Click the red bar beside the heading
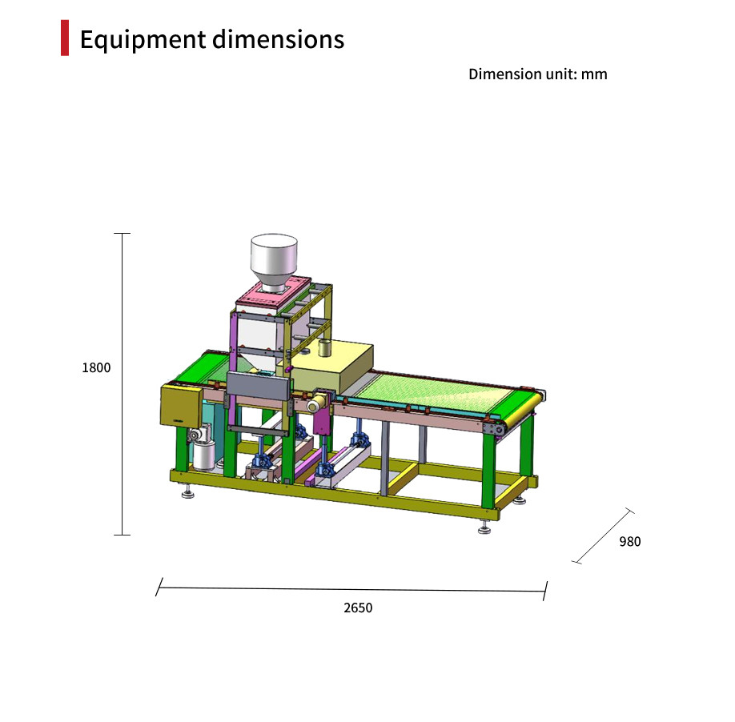click(x=65, y=38)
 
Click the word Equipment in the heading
click(x=143, y=40)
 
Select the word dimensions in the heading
click(x=279, y=39)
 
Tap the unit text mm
click(x=594, y=74)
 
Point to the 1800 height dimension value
click(x=96, y=367)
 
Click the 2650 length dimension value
click(x=358, y=608)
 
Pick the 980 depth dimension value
click(x=630, y=542)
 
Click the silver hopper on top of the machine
click(x=274, y=263)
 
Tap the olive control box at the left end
click(x=182, y=406)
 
